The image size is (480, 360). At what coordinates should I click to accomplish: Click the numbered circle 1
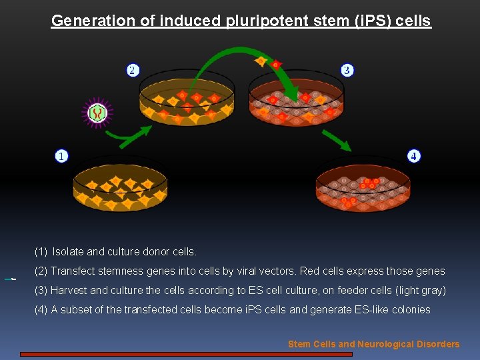pos(61,156)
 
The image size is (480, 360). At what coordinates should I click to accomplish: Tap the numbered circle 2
pos(133,70)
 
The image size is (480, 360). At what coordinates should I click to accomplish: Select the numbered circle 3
pos(347,70)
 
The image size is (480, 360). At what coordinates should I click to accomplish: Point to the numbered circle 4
pos(414,156)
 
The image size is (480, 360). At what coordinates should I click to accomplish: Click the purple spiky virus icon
pos(98,113)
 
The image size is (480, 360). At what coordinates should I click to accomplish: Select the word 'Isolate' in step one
pos(68,252)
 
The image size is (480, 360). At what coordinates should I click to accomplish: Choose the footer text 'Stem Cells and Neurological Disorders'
pos(373,344)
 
